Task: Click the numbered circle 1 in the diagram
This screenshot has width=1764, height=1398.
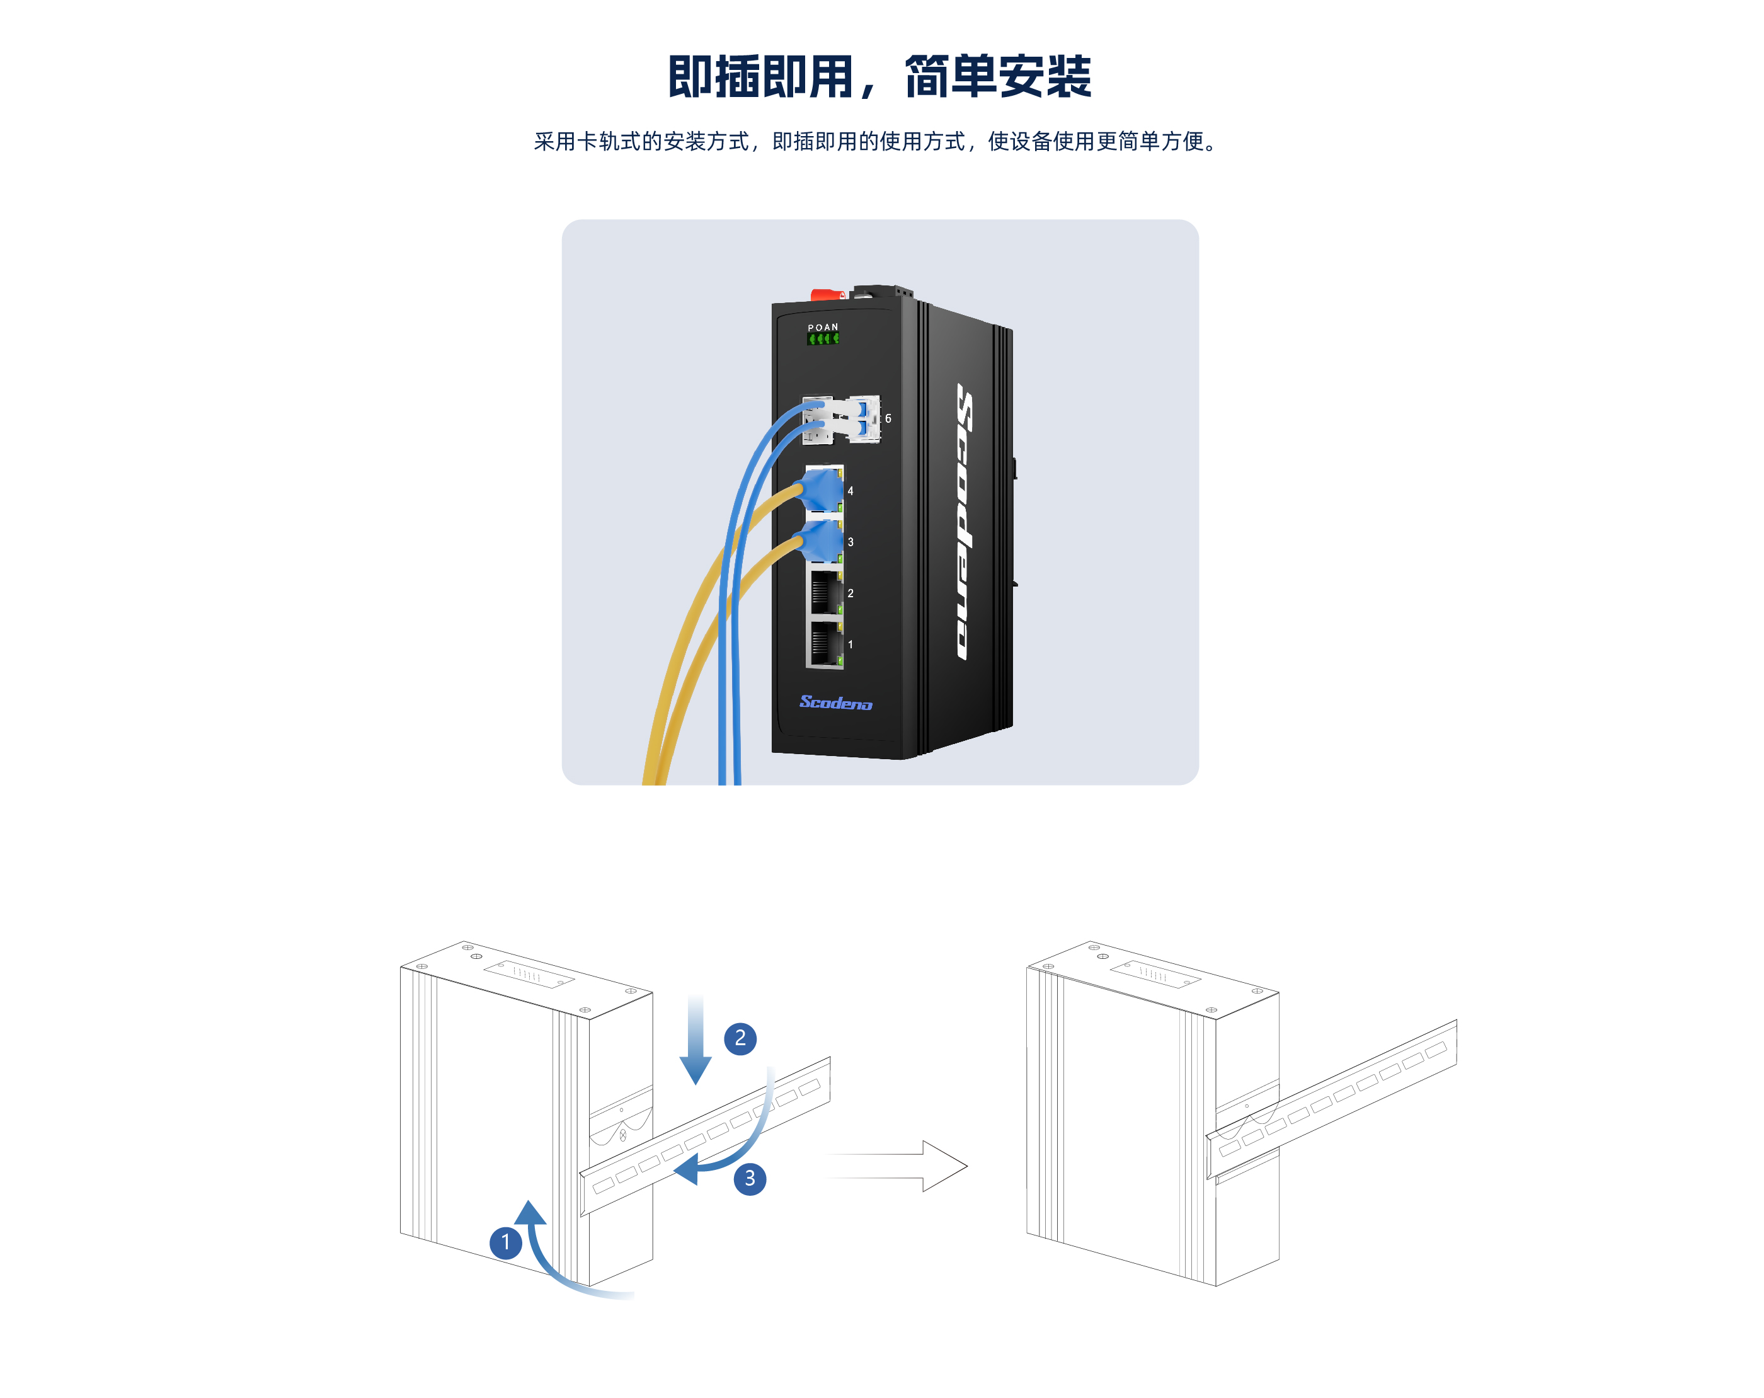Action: [506, 1242]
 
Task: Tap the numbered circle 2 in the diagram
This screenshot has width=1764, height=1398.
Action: [740, 1038]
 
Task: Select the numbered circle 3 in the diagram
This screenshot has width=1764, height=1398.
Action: [750, 1179]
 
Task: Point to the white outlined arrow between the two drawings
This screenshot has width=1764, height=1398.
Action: [898, 1166]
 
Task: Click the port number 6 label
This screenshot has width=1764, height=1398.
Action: [888, 419]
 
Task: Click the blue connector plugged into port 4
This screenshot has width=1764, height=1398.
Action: [822, 489]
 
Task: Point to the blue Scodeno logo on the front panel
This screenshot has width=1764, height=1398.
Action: [835, 702]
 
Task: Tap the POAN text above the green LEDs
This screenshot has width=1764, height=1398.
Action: [823, 327]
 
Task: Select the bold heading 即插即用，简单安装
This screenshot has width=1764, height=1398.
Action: [880, 77]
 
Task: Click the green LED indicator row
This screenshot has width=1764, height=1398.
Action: [823, 339]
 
